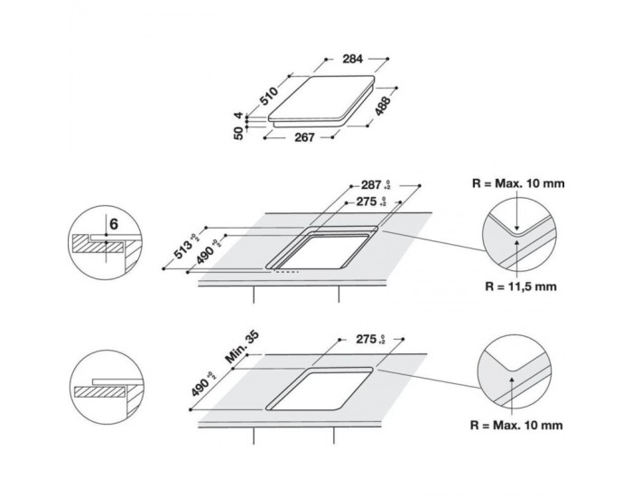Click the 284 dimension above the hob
(353, 59)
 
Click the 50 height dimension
(240, 134)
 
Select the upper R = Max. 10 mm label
(519, 183)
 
